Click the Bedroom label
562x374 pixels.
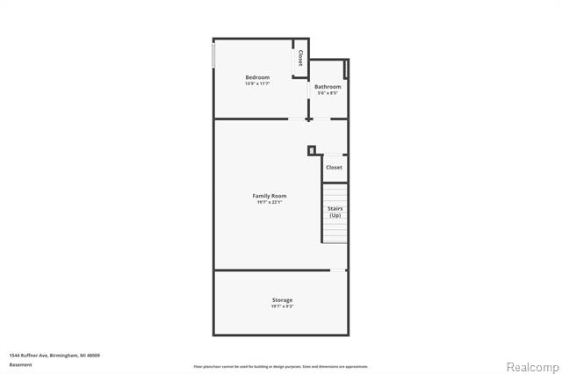pos(256,77)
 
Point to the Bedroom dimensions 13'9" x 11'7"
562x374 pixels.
pos(256,84)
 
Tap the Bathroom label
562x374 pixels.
pos(328,87)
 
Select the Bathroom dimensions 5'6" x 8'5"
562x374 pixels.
pos(328,93)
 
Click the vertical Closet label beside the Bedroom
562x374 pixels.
pos(300,57)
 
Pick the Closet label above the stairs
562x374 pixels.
pos(334,167)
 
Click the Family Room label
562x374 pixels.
pos(270,196)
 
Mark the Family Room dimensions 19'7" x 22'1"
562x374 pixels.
pos(270,203)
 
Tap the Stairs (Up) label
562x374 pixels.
pos(335,212)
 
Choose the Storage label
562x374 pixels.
pos(282,300)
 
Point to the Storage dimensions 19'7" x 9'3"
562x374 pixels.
pos(282,307)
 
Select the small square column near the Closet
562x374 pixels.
pos(311,150)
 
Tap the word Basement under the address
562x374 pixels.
pos(21,363)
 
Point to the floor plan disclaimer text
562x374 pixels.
pos(281,366)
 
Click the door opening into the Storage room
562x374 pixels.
pos(337,270)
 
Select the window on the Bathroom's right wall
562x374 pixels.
pos(347,68)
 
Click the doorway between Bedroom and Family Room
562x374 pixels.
pos(299,118)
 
